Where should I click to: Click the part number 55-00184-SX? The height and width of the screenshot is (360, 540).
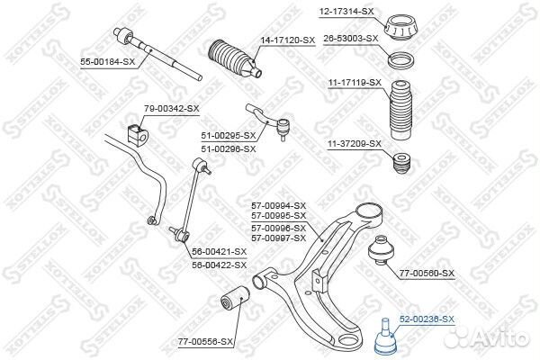[108, 61]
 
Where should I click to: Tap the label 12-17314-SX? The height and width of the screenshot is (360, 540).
[346, 11]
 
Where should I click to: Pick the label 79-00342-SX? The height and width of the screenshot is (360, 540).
[173, 108]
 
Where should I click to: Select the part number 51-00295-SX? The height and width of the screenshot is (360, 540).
[229, 136]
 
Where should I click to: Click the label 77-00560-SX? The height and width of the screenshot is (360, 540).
[427, 273]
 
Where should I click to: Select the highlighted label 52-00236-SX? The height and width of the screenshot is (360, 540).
[427, 319]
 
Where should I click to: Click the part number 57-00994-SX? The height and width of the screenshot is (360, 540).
[278, 205]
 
